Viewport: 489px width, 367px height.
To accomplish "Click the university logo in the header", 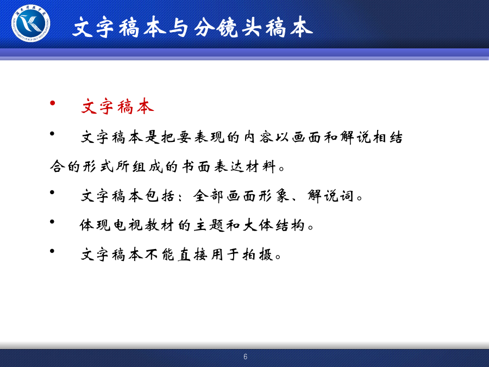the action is [30, 23].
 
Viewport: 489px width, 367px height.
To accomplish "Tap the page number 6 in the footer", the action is [246, 357].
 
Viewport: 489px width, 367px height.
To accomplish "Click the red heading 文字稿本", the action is [117, 107].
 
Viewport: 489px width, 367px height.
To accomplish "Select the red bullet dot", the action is [52, 103].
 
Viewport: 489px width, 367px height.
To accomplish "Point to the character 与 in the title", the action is [179, 28].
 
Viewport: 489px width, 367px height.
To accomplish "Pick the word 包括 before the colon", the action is [159, 196].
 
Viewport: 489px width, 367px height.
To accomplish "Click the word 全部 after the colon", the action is [208, 196].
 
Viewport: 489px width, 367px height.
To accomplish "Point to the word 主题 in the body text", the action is [208, 225].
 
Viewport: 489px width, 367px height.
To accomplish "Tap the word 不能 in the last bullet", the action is [159, 254].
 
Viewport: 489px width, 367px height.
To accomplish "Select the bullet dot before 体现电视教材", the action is [52, 221].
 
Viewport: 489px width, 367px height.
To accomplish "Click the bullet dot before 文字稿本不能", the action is [52, 251].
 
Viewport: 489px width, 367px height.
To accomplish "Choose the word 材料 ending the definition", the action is [261, 166].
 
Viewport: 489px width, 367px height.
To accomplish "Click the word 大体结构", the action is [273, 225].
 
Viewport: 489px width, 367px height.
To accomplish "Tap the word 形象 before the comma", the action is [274, 196].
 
